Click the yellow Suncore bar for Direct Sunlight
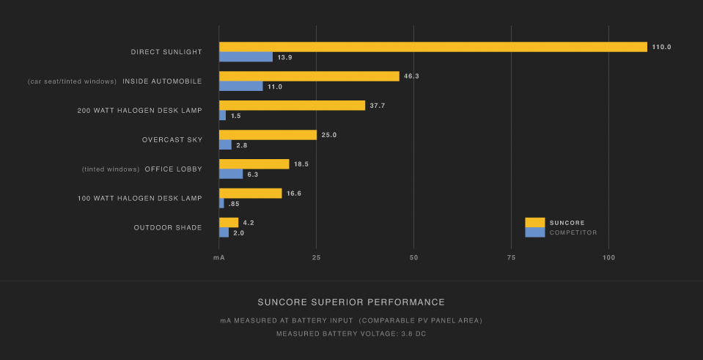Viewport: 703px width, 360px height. [433, 47]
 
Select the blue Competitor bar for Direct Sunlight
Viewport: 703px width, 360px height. [246, 57]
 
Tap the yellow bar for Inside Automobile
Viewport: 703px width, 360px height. [309, 76]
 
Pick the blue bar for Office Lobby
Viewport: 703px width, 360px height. [231, 175]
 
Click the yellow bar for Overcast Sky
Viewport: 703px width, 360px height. [268, 135]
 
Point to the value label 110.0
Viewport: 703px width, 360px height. [661, 47]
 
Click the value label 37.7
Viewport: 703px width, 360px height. [378, 106]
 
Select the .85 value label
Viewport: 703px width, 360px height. [235, 204]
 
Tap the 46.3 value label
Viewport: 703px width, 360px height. [411, 76]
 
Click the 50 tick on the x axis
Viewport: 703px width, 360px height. [413, 257]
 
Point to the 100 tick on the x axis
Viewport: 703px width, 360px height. [608, 257]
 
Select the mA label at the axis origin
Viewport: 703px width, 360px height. [218, 257]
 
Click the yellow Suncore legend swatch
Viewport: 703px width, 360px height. [535, 222]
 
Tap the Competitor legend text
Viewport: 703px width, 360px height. [573, 232]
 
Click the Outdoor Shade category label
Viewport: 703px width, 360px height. [167, 228]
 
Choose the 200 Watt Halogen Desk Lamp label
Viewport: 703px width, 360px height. [139, 111]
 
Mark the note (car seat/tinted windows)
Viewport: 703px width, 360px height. [72, 81]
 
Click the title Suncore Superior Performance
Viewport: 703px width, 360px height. [351, 302]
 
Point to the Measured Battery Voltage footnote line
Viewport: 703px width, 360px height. [351, 334]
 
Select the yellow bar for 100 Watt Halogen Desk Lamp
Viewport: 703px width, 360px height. [250, 194]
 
